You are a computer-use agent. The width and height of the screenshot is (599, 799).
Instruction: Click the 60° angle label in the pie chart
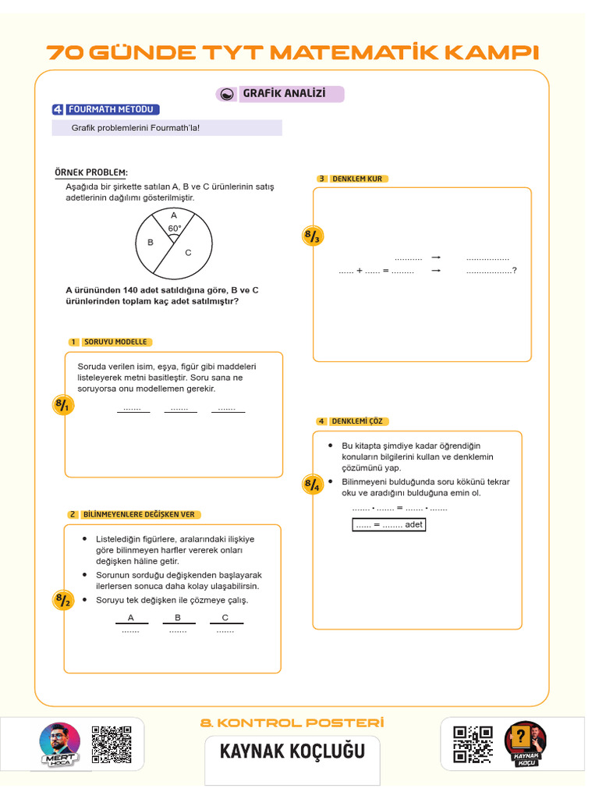pos(175,229)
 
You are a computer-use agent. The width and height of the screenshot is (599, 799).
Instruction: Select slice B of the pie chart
pos(151,243)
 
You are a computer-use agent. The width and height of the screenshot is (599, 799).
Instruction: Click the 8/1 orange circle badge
pos(62,405)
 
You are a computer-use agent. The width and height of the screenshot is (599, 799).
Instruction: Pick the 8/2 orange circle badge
pos(62,600)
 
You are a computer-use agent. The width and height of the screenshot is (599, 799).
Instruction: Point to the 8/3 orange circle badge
pos(312,236)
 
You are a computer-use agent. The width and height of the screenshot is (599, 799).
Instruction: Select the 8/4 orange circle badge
pos(312,485)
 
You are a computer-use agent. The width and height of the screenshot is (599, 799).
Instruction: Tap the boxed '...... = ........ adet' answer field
pos(389,524)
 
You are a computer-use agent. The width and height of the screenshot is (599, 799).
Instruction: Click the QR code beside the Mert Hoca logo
pos(111,745)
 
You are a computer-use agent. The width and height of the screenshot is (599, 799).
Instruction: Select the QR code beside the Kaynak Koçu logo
pos(473,744)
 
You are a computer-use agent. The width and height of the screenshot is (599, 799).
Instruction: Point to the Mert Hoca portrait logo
pos(59,744)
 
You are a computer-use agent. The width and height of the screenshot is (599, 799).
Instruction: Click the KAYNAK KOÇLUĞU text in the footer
pos(292,751)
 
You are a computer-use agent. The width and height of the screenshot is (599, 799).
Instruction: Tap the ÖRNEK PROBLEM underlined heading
pos(91,172)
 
